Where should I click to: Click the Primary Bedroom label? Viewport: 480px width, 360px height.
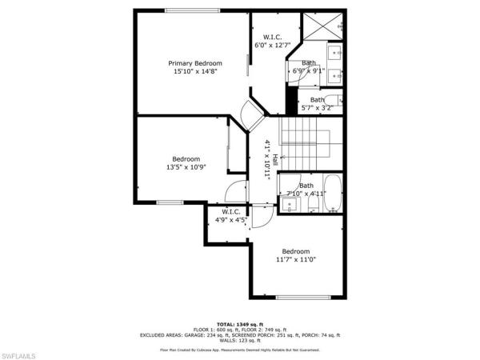(194, 63)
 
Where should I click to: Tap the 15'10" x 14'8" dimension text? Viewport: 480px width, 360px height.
(194, 71)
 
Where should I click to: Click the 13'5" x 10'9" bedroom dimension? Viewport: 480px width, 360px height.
(186, 167)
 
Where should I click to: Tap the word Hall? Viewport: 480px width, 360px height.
(275, 160)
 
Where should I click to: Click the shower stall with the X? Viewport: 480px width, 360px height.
(323, 26)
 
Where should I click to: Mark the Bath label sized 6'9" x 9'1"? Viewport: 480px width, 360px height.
(309, 63)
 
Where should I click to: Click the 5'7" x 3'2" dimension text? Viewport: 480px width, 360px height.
(317, 108)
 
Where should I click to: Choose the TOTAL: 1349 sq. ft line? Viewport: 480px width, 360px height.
(240, 323)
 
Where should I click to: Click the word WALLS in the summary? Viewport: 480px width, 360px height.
(225, 341)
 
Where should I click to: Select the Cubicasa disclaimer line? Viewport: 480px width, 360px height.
(240, 350)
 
